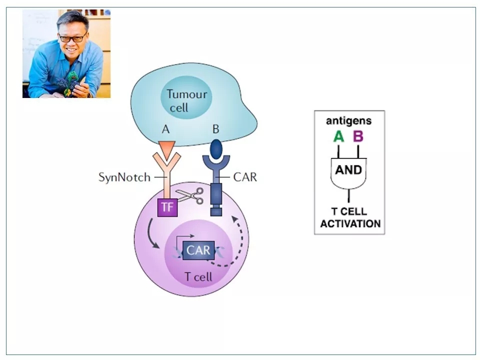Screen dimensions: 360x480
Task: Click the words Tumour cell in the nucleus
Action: click(x=186, y=100)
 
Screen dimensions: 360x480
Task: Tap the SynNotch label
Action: click(x=124, y=177)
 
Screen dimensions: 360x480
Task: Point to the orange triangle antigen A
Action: click(x=166, y=146)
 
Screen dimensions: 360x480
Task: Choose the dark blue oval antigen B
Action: click(x=216, y=148)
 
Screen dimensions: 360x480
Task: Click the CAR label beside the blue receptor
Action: click(x=245, y=177)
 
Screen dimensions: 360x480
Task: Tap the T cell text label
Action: click(x=198, y=277)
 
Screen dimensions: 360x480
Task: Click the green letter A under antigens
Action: click(x=338, y=136)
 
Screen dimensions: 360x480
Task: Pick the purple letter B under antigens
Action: click(x=358, y=136)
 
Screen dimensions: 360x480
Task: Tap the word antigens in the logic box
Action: click(x=348, y=121)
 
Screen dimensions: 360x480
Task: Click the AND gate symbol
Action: click(x=348, y=171)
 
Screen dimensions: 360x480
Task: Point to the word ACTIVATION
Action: click(x=350, y=223)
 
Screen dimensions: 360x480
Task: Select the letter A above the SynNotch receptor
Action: click(x=166, y=129)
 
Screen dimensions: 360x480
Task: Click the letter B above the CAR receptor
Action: click(x=216, y=129)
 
